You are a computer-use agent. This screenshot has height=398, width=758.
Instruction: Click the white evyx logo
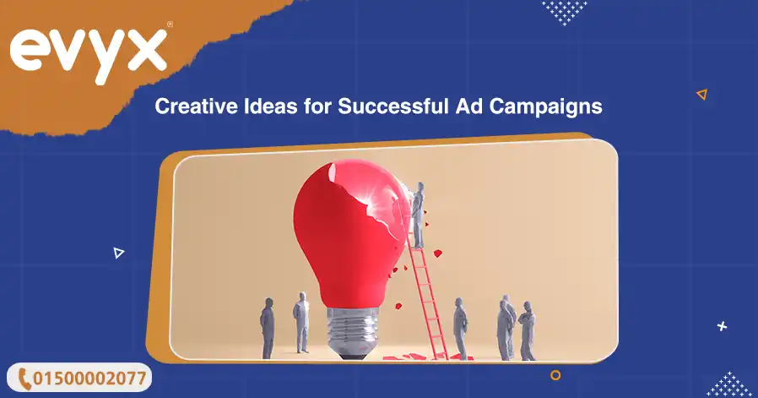88,52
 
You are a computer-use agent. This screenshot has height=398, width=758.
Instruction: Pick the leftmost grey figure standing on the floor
268,328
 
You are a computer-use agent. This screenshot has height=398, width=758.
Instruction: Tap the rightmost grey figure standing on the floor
528,330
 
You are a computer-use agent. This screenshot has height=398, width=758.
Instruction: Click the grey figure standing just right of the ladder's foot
460,328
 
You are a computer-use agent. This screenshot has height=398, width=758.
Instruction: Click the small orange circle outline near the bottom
555,374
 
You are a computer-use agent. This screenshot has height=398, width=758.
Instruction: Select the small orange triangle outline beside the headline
701,95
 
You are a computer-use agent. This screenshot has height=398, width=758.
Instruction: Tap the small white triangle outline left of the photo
119,252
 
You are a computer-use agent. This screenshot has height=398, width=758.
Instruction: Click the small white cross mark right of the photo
722,326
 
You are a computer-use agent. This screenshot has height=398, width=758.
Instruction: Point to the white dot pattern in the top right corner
564,11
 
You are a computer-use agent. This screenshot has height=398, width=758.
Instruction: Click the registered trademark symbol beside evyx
170,25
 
